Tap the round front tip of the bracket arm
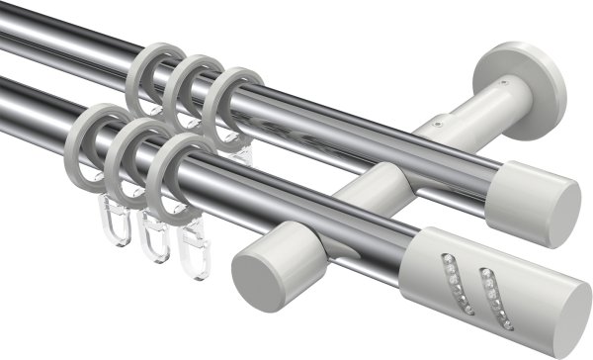point(258,268)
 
